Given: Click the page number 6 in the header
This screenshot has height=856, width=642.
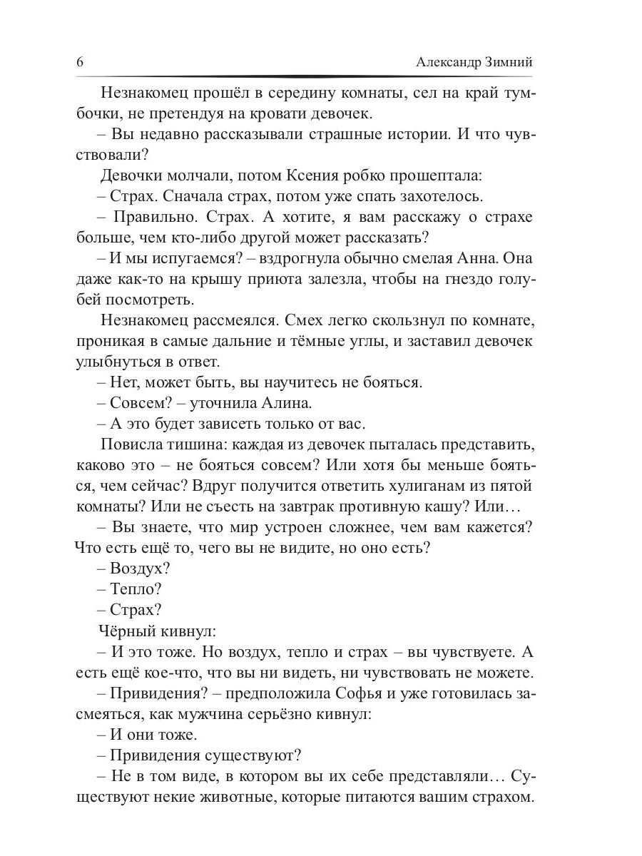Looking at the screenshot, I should [80, 62].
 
